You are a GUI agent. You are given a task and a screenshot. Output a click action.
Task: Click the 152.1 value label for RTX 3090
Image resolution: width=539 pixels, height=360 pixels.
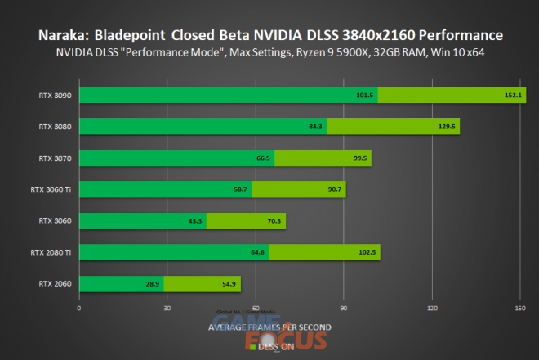tap(514, 96)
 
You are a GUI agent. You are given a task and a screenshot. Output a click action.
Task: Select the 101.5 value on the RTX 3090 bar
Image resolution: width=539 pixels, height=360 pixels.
tap(364, 96)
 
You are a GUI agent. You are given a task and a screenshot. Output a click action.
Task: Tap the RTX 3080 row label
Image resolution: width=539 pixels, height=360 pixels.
tap(54, 127)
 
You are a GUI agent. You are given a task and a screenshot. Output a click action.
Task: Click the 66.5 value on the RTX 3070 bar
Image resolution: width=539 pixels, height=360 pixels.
tap(263, 158)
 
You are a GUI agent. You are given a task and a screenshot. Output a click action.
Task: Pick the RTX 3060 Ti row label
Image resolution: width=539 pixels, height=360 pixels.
tap(51, 189)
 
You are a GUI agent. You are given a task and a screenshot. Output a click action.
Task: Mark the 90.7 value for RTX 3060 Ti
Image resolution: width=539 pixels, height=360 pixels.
tap(334, 189)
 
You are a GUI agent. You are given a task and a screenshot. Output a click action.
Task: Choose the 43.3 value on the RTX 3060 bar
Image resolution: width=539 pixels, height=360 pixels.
tap(194, 221)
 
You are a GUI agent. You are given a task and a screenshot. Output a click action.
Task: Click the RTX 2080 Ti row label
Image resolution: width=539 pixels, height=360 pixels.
tap(51, 252)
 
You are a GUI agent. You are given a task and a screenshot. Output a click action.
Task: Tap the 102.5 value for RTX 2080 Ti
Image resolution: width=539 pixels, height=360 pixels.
tap(367, 252)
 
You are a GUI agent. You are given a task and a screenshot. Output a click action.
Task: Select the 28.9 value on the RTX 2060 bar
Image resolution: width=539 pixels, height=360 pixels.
tap(152, 284)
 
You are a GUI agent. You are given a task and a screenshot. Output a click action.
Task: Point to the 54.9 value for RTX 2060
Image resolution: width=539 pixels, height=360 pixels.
tap(228, 284)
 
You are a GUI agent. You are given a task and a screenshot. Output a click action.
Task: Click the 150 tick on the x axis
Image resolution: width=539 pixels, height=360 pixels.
tap(520, 309)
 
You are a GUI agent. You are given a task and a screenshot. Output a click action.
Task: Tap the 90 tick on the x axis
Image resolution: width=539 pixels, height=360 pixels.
tap(344, 309)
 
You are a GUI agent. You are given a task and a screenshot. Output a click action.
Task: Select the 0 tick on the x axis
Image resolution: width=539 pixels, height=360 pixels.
tap(78, 309)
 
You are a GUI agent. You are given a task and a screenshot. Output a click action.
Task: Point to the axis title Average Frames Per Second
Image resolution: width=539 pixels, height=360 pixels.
tap(269, 327)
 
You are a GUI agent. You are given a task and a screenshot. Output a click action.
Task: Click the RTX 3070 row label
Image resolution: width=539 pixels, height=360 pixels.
tap(54, 158)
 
